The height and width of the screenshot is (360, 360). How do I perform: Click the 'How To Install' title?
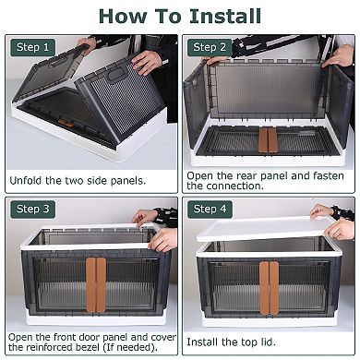[x=180, y=16]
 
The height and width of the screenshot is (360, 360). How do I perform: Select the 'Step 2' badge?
[x=210, y=47]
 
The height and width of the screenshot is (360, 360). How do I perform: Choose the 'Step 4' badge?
[x=210, y=210]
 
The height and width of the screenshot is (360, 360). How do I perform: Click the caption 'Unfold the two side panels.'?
[x=78, y=180]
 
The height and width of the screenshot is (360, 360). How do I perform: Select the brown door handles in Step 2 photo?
[x=268, y=140]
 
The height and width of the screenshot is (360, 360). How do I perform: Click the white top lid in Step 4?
[x=268, y=227]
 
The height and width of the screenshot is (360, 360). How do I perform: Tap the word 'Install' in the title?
[x=224, y=16]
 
